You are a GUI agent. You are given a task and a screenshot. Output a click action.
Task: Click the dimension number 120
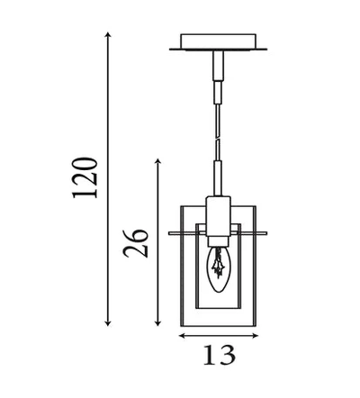(85, 177)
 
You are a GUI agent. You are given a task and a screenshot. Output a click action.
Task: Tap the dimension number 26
(136, 243)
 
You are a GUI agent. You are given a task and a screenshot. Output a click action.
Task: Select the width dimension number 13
(220, 355)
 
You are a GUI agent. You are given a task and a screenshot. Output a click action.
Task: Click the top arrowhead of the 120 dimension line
(108, 34)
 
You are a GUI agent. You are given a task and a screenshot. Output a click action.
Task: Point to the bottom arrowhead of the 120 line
(108, 323)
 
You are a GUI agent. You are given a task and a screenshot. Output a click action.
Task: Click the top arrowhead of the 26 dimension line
(158, 161)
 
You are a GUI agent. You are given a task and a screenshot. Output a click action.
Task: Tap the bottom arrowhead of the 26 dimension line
(158, 323)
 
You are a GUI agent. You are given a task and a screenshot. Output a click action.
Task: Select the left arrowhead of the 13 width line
(182, 336)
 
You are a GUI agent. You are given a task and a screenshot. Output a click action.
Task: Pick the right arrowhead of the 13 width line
(255, 336)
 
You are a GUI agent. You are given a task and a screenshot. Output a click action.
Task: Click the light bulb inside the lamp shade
(218, 269)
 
